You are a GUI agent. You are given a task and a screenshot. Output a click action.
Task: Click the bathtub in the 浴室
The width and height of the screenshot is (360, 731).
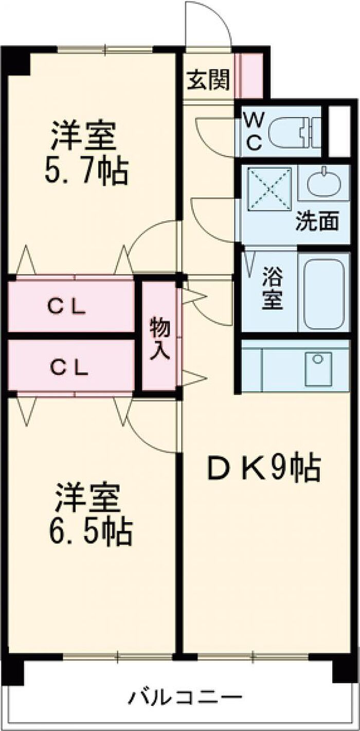tap(323, 294)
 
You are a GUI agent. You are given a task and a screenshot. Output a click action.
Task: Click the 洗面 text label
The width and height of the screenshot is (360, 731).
tap(317, 222)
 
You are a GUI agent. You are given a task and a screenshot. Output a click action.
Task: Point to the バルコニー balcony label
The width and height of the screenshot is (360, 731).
tap(185, 698)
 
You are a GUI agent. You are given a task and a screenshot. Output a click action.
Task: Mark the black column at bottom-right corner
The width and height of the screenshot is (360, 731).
tap(345, 667)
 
